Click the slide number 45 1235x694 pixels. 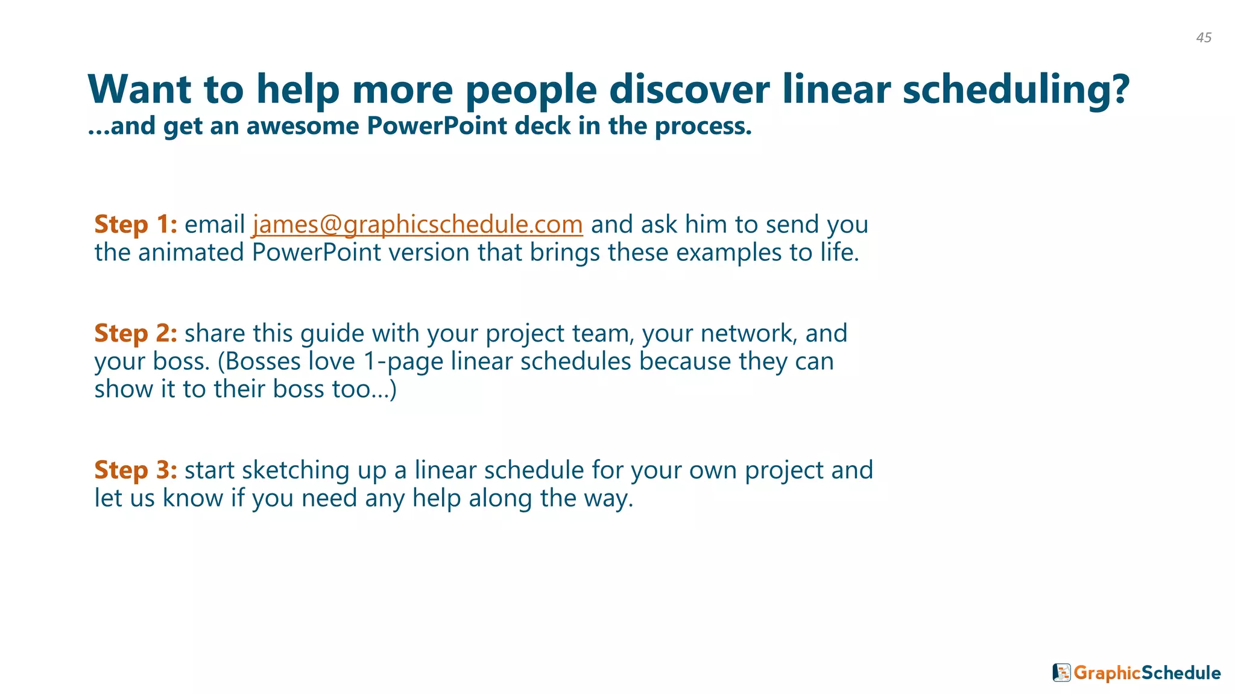[1204, 38]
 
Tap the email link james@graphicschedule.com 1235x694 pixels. [417, 224]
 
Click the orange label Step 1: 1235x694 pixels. [136, 224]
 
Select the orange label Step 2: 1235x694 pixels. [136, 333]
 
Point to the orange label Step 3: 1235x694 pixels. [136, 470]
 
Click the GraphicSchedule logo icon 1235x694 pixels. [1061, 672]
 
